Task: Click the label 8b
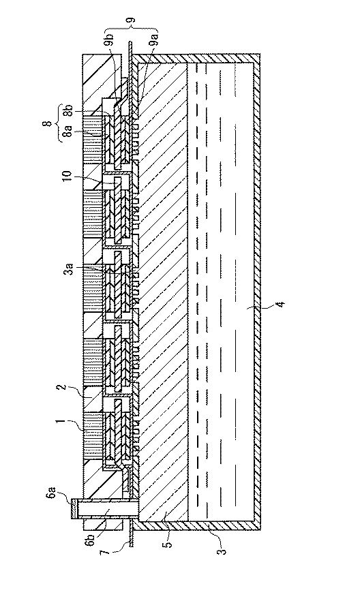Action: (x=68, y=111)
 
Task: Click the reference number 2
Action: (x=61, y=388)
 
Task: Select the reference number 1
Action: (x=61, y=422)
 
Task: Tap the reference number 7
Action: (x=106, y=552)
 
